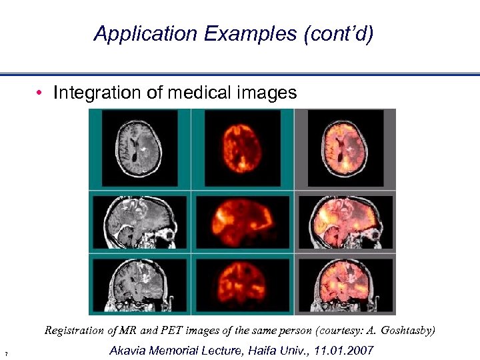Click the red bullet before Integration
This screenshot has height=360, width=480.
(x=41, y=93)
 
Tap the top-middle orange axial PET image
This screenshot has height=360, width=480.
(x=242, y=149)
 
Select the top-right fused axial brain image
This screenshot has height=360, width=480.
(x=345, y=149)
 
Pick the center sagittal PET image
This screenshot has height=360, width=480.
(x=242, y=222)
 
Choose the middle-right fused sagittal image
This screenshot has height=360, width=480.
(x=345, y=222)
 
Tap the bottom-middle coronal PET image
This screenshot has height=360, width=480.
(x=242, y=285)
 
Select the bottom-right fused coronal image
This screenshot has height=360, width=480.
(x=345, y=285)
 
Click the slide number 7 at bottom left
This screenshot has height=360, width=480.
(x=5, y=353)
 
